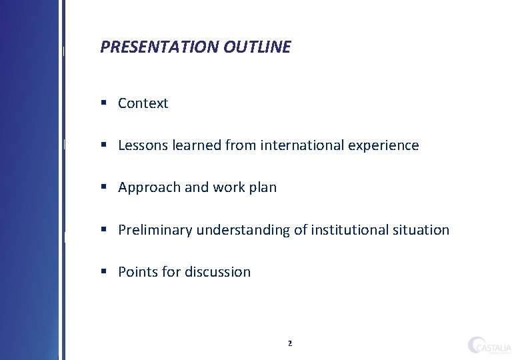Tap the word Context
pos(143,103)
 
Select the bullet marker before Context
pos(105,103)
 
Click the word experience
pos(385,146)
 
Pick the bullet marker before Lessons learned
pos(105,145)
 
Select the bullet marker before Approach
pos(105,187)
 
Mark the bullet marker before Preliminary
pos(105,229)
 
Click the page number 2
pos(289,344)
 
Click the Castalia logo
pos(489,345)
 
